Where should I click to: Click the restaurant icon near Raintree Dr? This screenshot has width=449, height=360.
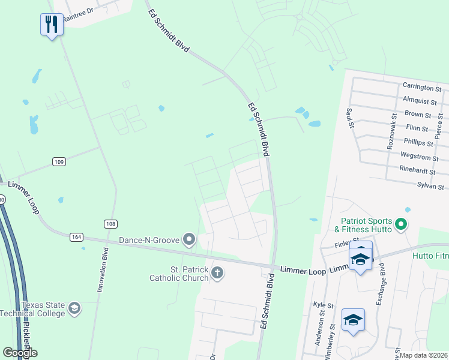pos(51,25)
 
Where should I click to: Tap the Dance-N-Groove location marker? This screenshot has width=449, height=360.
pos(189,240)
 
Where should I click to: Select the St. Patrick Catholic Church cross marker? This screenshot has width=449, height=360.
pos(217,274)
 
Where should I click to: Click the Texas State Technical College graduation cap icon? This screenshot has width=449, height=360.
pos(74,308)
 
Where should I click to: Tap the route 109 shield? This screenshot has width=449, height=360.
pos(59,161)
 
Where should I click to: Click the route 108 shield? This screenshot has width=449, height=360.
pos(110,224)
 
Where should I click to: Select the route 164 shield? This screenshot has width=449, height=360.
pos(76,236)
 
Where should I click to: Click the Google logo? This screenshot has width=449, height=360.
pos(20,353)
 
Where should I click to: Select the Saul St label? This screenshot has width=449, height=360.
pos(349,119)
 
